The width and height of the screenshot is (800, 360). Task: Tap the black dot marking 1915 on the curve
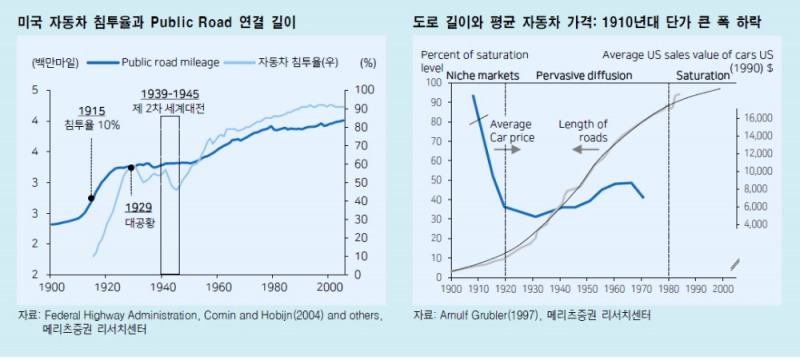[91, 198]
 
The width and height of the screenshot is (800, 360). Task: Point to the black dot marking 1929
[131, 168]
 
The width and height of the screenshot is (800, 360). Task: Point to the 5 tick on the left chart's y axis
[36, 90]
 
